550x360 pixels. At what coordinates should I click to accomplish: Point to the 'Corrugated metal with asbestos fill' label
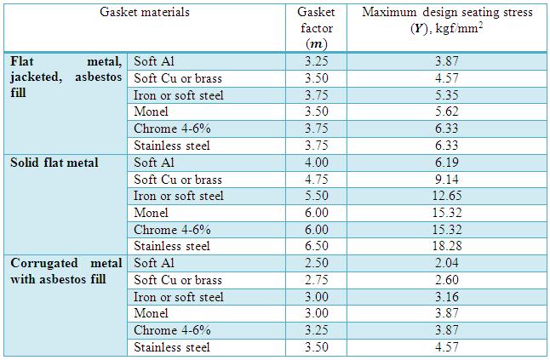coord(66,271)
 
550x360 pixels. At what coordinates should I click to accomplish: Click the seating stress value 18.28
coord(446,246)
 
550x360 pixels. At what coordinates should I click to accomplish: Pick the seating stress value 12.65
coord(446,196)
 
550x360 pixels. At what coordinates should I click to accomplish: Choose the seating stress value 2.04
coord(446,263)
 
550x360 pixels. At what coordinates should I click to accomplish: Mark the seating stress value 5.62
coord(446,112)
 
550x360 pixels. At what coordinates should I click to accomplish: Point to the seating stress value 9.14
coord(446,180)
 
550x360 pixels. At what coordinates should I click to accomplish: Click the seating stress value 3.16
coord(446,296)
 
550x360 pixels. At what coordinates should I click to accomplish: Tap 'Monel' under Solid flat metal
coord(152,213)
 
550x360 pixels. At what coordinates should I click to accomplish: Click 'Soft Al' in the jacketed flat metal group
coord(154,62)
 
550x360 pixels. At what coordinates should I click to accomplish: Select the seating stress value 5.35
coord(446,95)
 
